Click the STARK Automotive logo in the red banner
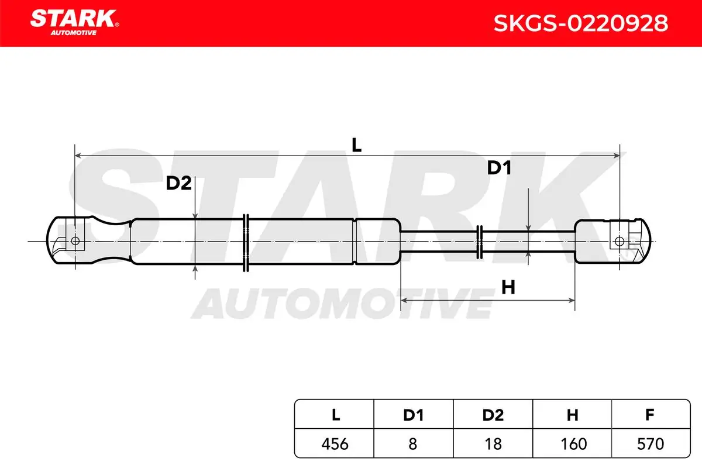(x=74, y=22)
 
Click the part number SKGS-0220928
(x=581, y=23)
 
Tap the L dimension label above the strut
(x=356, y=145)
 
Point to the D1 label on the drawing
(x=499, y=168)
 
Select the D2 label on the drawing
(x=178, y=183)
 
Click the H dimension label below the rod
(x=508, y=287)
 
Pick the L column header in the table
(x=336, y=415)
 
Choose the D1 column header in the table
(x=414, y=415)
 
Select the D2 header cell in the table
(x=493, y=415)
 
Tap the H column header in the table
(x=572, y=415)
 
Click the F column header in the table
(x=650, y=415)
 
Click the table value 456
(x=335, y=444)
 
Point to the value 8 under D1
(x=413, y=444)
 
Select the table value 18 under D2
(x=493, y=444)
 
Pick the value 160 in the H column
(x=573, y=444)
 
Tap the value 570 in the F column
(x=651, y=444)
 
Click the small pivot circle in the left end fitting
(x=75, y=241)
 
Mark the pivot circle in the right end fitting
(x=620, y=242)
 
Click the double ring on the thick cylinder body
(x=246, y=243)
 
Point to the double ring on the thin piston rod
(x=479, y=242)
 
